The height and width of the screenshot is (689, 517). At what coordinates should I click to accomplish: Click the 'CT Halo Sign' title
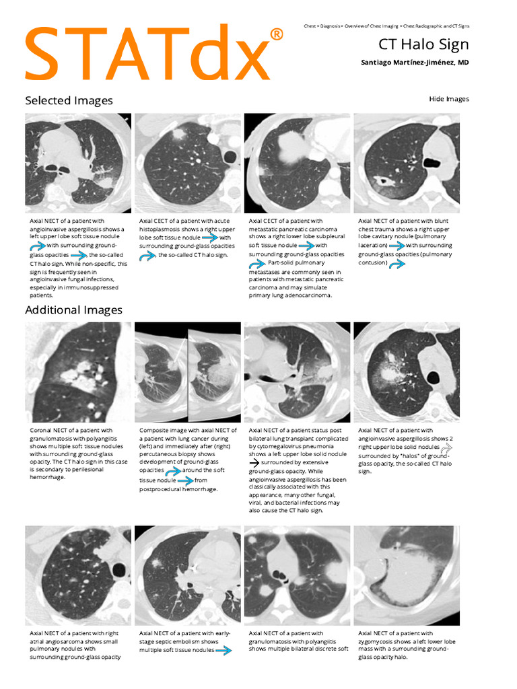pyautogui.click(x=423, y=45)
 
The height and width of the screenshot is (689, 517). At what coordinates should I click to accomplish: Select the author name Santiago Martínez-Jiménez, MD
pyautogui.click(x=415, y=63)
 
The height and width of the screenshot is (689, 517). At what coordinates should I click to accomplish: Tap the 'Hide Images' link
pyautogui.click(x=448, y=99)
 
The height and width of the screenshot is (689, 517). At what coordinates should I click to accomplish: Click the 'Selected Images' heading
pyautogui.click(x=69, y=100)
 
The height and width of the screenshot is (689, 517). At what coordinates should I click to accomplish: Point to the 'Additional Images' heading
pyautogui.click(x=73, y=310)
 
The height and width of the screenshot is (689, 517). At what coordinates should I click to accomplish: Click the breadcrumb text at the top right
pyautogui.click(x=386, y=26)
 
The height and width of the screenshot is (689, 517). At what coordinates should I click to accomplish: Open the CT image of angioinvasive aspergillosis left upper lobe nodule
pyautogui.click(x=78, y=164)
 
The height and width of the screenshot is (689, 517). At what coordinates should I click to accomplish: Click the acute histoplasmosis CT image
pyautogui.click(x=188, y=164)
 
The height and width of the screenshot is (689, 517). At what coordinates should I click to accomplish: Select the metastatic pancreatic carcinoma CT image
pyautogui.click(x=297, y=164)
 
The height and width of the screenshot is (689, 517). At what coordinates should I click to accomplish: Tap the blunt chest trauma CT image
pyautogui.click(x=407, y=164)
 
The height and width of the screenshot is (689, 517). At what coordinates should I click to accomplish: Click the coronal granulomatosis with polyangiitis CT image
pyautogui.click(x=78, y=372)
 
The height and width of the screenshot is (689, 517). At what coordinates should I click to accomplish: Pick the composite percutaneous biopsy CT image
pyautogui.click(x=188, y=372)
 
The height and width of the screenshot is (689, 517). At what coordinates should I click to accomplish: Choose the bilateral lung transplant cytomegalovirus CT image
pyautogui.click(x=297, y=372)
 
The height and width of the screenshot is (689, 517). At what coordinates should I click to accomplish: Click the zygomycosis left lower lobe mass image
pyautogui.click(x=407, y=576)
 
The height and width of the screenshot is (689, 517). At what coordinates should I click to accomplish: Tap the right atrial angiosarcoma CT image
pyautogui.click(x=78, y=576)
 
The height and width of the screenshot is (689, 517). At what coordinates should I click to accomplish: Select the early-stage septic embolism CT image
pyautogui.click(x=188, y=576)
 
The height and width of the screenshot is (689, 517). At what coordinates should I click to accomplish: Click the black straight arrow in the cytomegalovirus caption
pyautogui.click(x=254, y=463)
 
